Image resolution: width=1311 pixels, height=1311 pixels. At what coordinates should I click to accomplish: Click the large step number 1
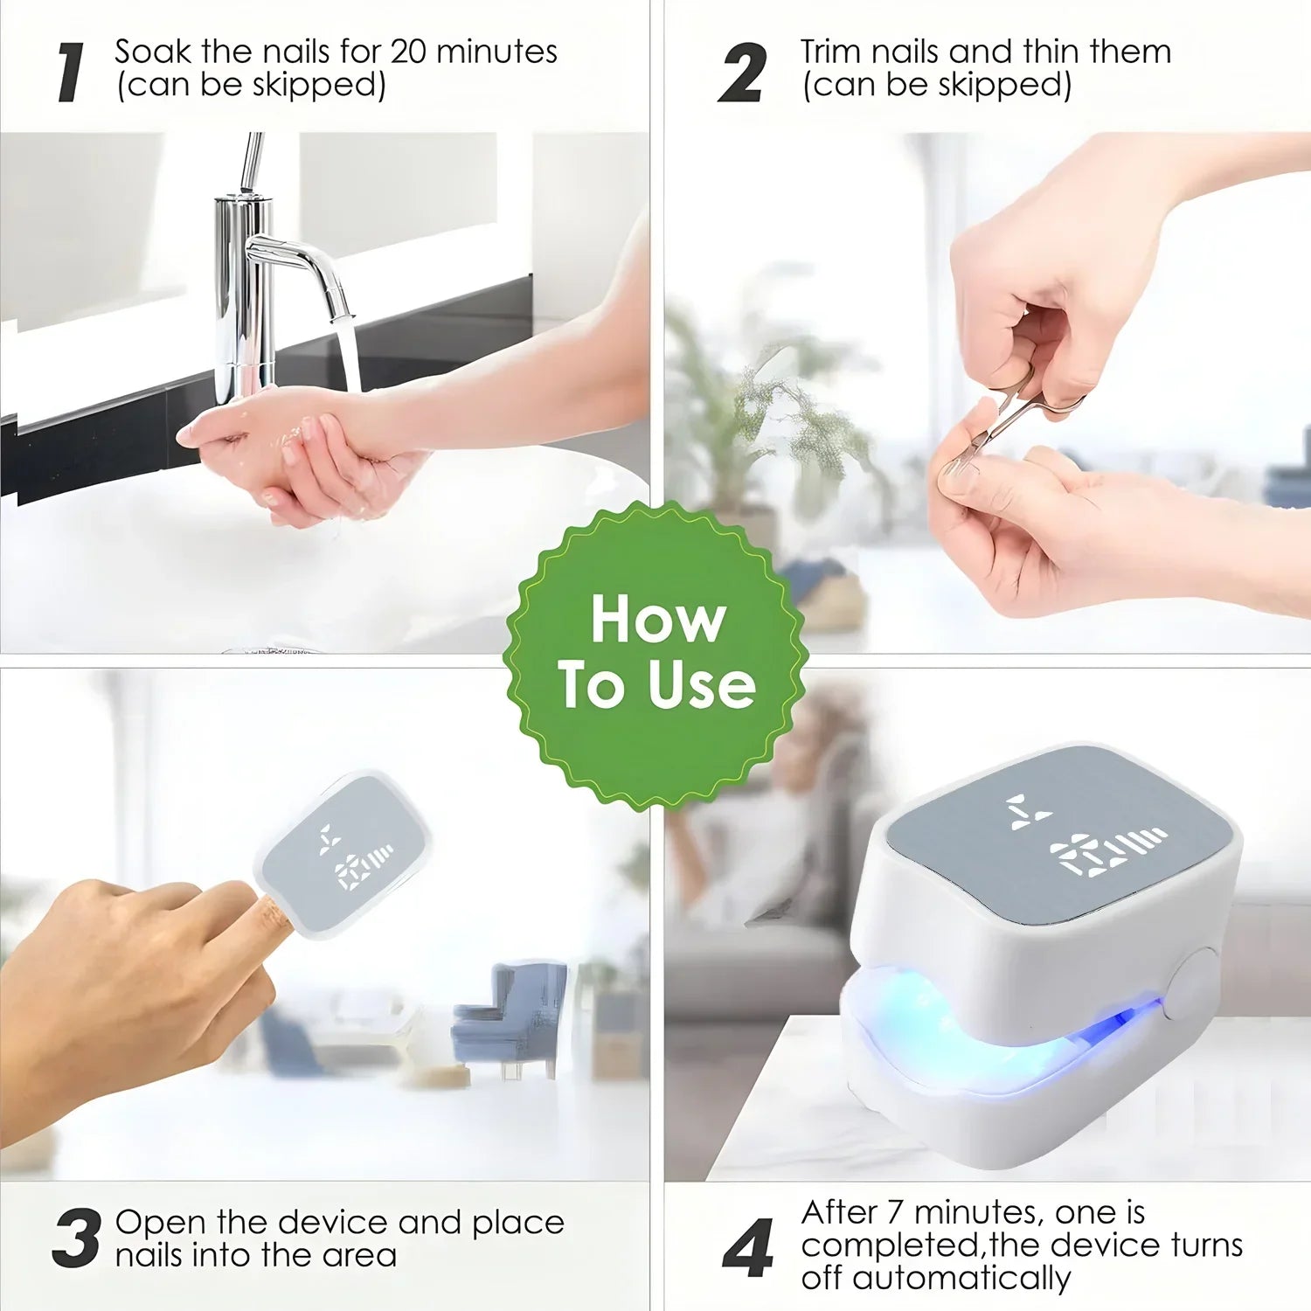71,73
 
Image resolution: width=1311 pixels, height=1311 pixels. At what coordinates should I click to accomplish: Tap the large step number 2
742,73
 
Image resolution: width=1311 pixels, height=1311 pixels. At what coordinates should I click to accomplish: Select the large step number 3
76,1238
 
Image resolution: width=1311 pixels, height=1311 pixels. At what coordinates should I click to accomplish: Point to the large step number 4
748,1247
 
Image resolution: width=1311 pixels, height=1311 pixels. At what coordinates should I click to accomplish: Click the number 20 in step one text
408,52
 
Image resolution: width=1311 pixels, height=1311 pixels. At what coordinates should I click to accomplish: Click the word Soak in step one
154,52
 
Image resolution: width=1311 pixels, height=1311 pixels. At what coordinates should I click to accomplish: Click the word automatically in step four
961,1279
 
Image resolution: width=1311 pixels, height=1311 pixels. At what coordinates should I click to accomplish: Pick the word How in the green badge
658,620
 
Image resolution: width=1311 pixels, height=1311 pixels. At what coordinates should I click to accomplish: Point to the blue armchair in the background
511,1014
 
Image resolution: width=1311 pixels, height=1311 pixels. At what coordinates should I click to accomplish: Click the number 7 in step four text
894,1213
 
